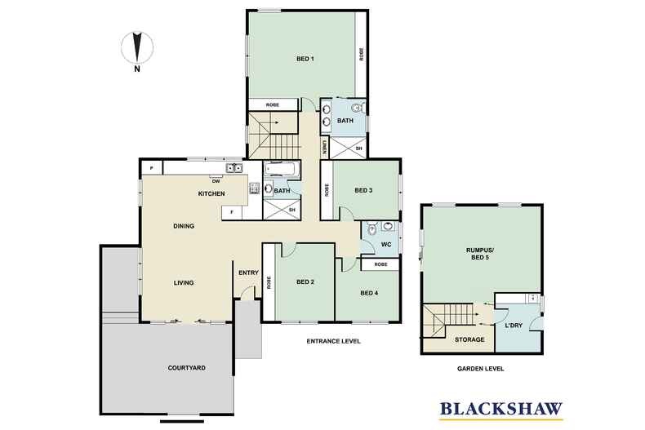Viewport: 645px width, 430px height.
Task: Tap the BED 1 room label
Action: click(x=305, y=59)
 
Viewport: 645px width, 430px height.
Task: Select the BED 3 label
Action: click(x=363, y=190)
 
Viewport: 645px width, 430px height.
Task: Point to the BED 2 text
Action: click(x=305, y=282)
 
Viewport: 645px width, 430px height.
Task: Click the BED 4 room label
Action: click(x=369, y=293)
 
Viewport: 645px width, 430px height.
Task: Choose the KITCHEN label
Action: click(x=211, y=193)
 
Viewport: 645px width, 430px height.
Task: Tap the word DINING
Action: click(x=183, y=226)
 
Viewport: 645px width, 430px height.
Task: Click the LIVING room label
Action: click(x=183, y=283)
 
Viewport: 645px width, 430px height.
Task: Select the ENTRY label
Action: click(x=248, y=273)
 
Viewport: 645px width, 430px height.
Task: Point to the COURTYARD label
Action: click(x=187, y=368)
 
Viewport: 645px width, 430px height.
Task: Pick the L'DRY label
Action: click(x=514, y=326)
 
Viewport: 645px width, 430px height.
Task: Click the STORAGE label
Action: click(x=469, y=339)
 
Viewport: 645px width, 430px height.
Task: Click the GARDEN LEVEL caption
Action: click(x=480, y=369)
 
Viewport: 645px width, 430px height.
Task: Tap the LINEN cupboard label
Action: click(x=325, y=148)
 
